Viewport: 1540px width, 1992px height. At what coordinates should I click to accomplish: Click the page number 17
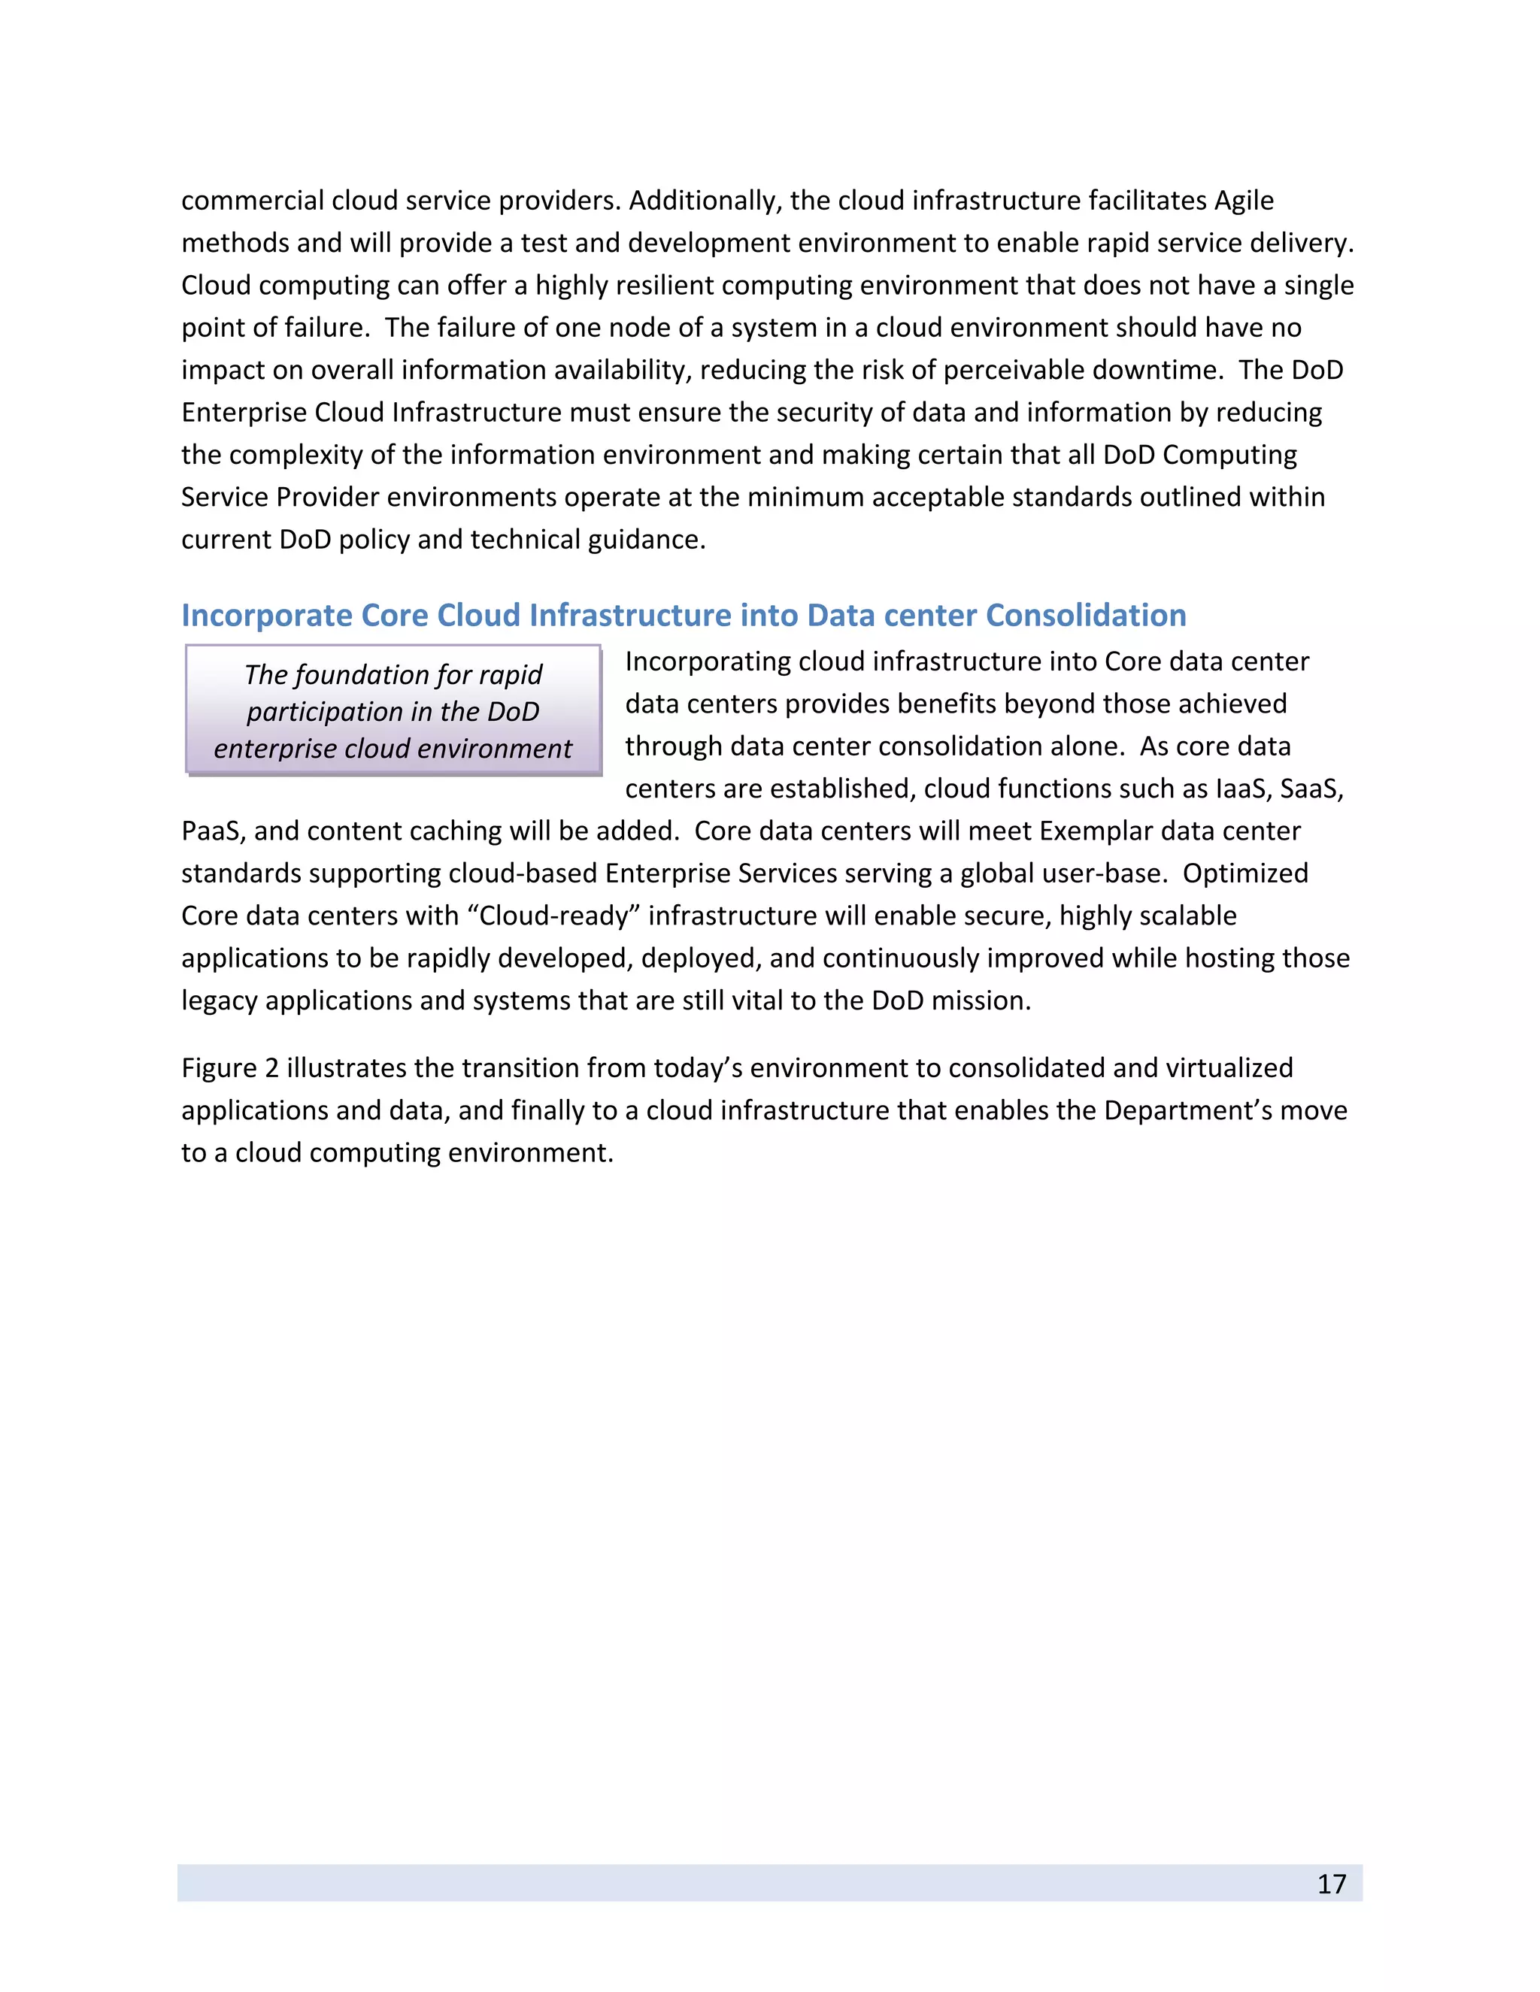(1331, 1884)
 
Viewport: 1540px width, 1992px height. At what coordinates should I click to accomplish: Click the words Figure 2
(230, 1068)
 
